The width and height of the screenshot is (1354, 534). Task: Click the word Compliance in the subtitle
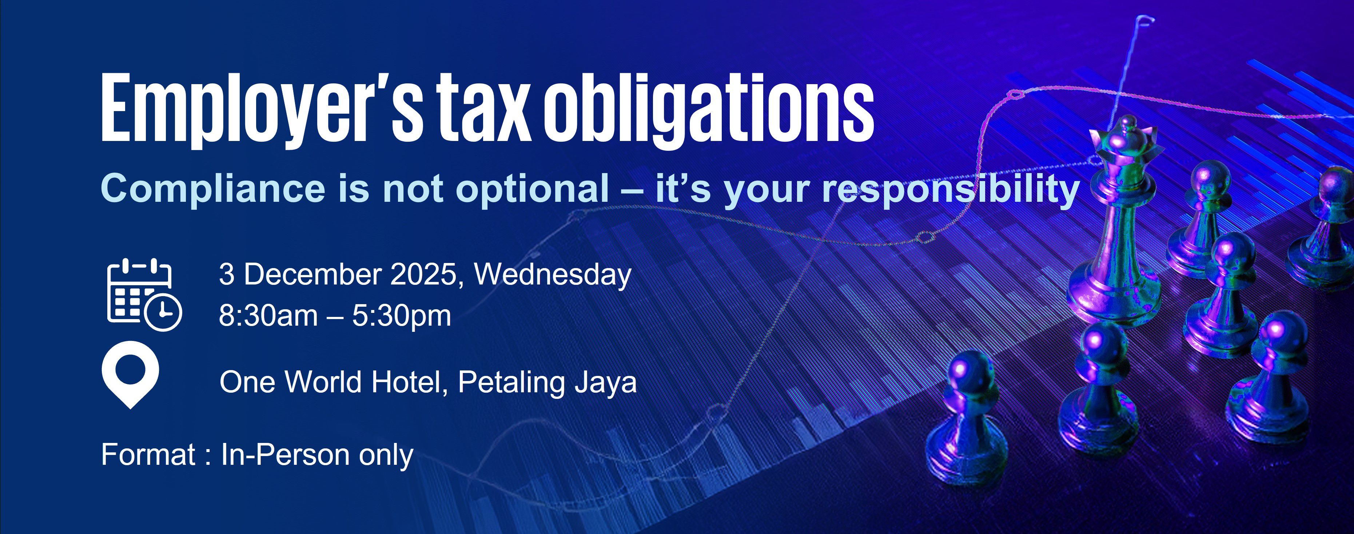point(213,189)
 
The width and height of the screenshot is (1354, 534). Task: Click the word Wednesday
point(553,275)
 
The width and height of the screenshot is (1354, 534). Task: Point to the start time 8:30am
point(268,316)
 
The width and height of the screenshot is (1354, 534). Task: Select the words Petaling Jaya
point(547,383)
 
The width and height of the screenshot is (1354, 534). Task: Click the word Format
point(148,455)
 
